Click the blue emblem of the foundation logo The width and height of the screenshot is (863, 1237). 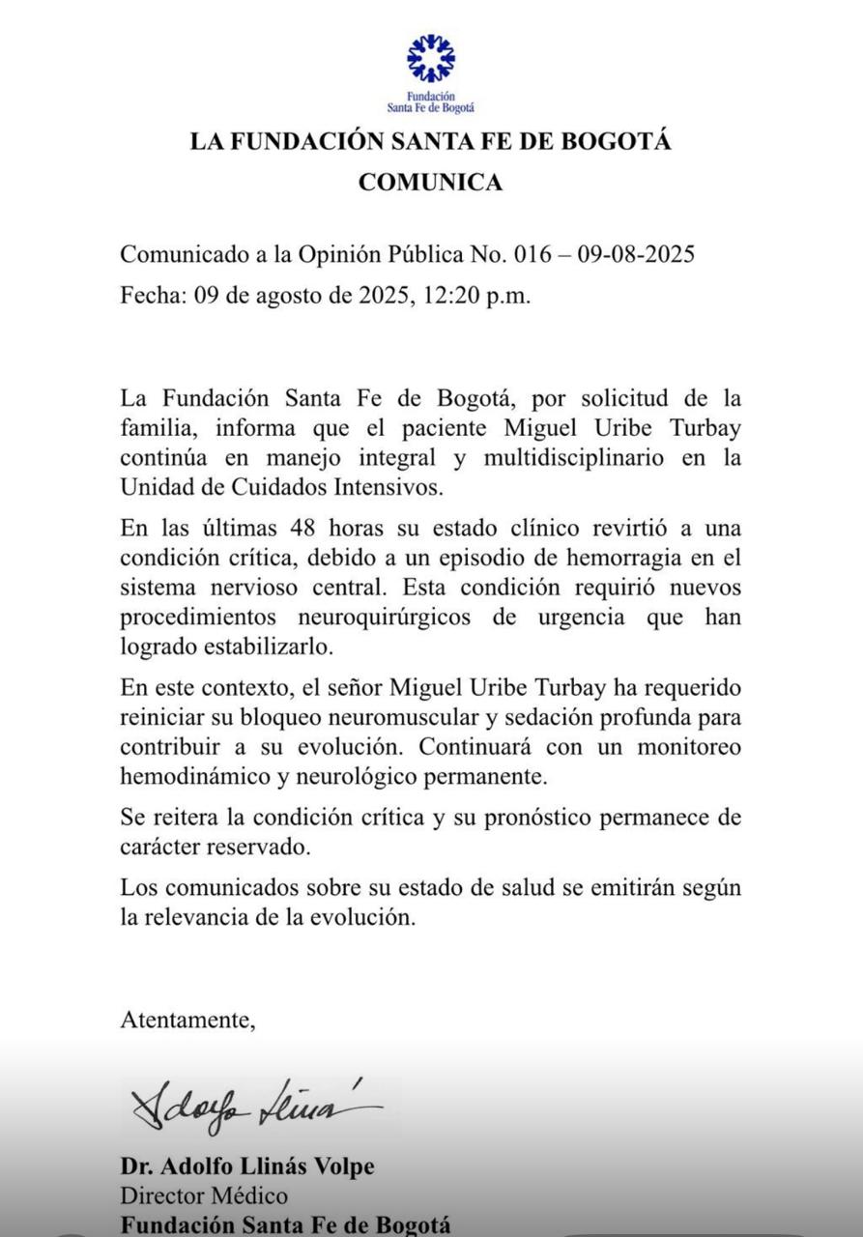click(x=431, y=59)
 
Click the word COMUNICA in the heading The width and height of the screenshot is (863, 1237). click(x=431, y=182)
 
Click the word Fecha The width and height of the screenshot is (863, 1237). click(x=152, y=295)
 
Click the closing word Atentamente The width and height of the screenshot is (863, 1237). click(x=187, y=1019)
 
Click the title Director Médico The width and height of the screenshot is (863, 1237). click(x=203, y=1195)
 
